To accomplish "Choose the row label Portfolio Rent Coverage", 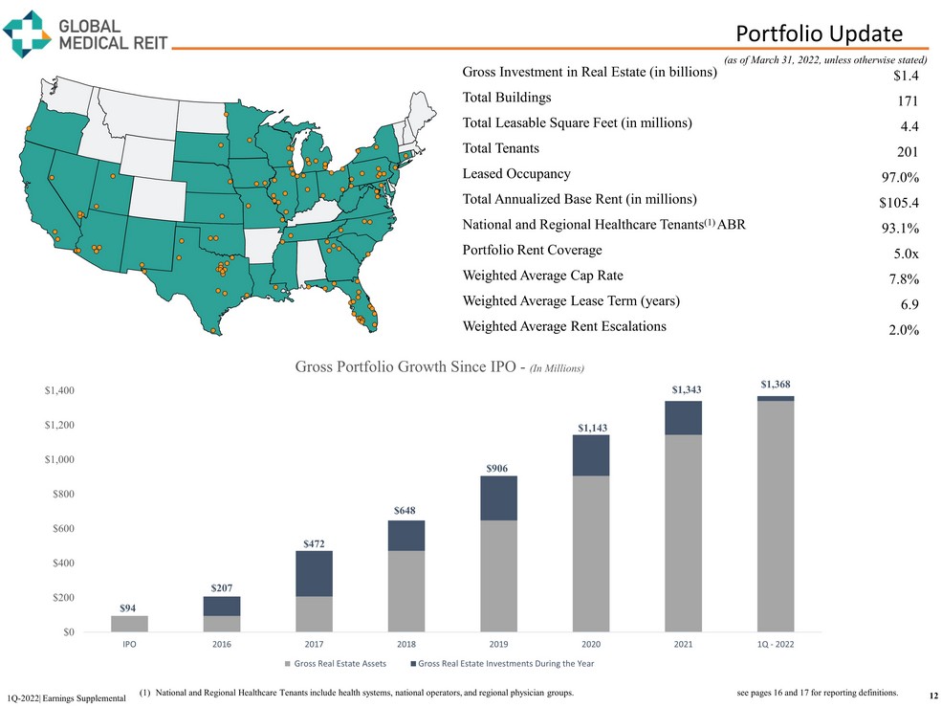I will click(532, 250).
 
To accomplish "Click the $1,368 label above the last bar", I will click(776, 385).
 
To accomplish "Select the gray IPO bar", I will click(129, 623).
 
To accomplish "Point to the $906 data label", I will click(497, 468).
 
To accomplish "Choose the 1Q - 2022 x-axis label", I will click(775, 645).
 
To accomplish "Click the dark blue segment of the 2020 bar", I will click(590, 455).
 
